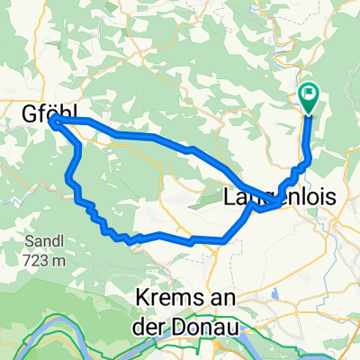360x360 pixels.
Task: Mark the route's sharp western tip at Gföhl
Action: tap(54, 121)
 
